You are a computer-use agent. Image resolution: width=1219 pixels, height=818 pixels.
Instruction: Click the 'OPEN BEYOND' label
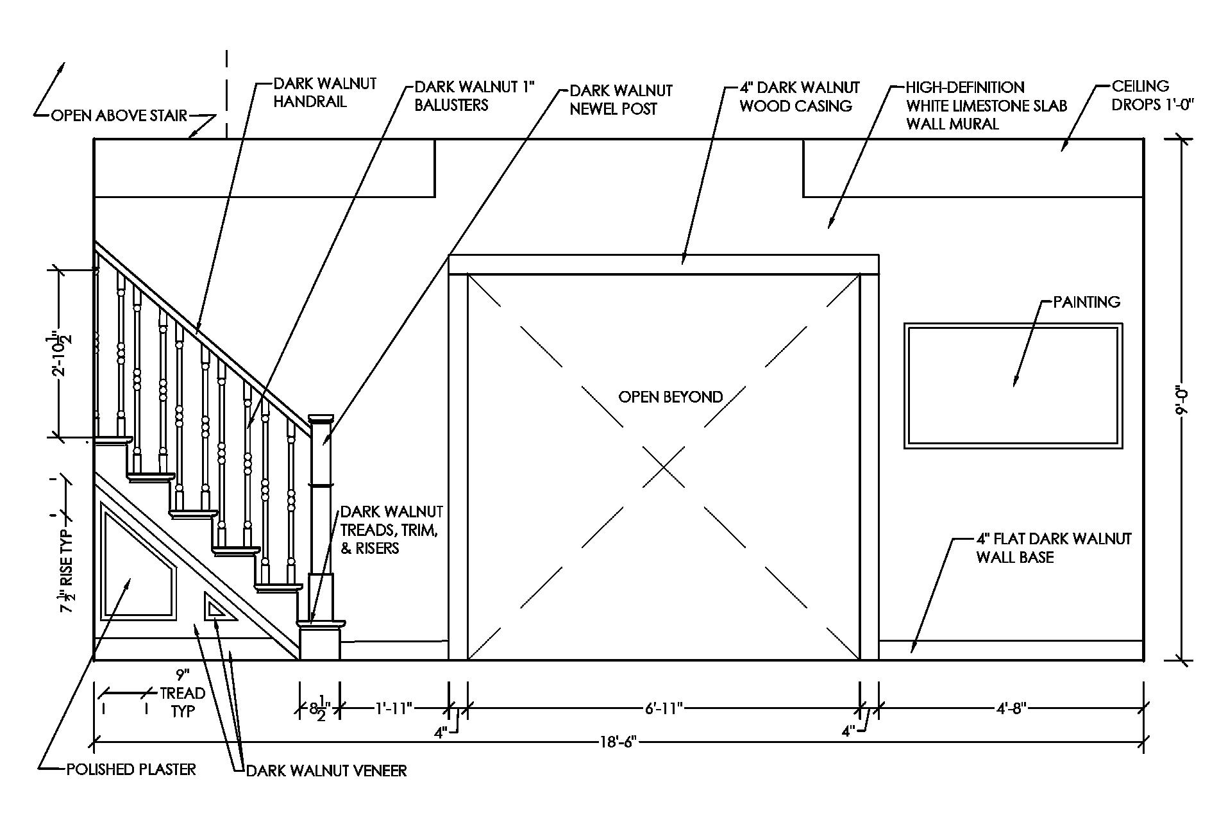click(x=670, y=397)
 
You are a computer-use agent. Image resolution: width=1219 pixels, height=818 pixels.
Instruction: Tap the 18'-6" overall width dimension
click(x=618, y=743)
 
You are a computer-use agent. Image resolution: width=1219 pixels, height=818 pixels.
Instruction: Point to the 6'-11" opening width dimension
click(x=664, y=708)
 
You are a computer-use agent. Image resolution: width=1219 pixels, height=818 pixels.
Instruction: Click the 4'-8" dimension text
click(x=1012, y=708)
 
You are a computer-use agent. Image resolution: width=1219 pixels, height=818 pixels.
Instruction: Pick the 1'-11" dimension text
click(x=393, y=708)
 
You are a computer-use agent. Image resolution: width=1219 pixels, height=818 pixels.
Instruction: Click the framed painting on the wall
click(x=1013, y=385)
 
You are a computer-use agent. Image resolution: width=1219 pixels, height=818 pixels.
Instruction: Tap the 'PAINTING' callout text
click(x=1087, y=301)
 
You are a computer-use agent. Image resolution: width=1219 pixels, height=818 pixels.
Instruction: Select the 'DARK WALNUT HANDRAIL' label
click(x=324, y=93)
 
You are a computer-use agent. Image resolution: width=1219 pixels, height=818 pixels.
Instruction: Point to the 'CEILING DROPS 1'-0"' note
click(x=1152, y=96)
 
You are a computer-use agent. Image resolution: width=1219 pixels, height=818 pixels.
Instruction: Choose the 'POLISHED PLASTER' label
click(x=131, y=769)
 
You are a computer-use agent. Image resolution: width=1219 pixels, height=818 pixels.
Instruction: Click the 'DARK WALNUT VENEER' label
click(x=326, y=770)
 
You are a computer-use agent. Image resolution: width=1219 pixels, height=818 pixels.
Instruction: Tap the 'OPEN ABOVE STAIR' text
click(x=119, y=116)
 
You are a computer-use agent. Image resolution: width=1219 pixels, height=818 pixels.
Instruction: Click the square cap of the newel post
click(x=321, y=419)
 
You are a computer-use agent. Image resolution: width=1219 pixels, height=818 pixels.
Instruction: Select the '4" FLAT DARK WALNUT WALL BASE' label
click(x=1054, y=547)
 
